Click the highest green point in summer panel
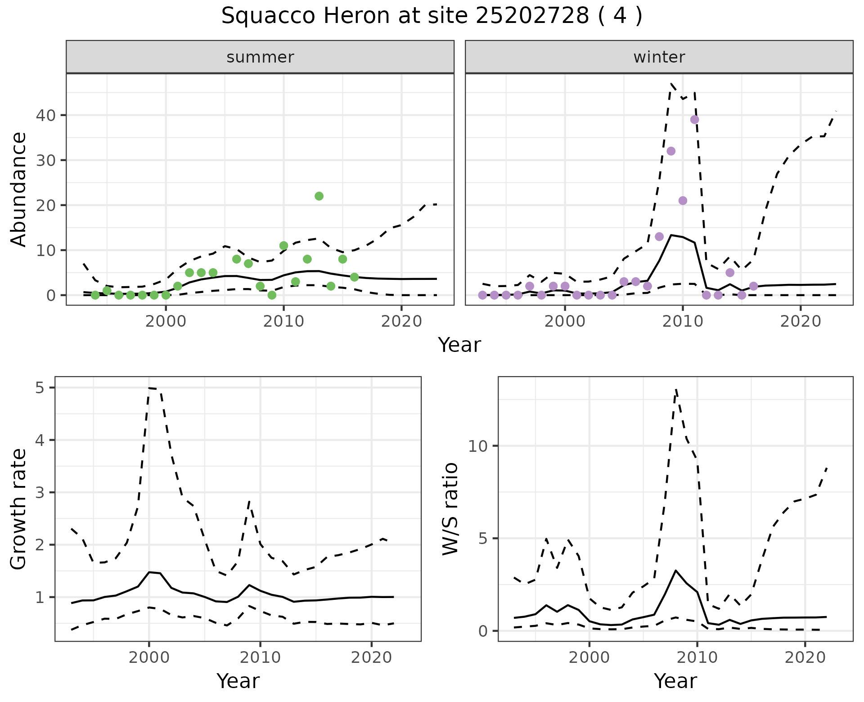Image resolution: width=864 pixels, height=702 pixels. (x=319, y=196)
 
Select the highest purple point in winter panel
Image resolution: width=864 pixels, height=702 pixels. (x=694, y=120)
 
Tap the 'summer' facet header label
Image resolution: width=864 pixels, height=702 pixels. (x=260, y=57)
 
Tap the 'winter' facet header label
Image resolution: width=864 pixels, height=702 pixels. (x=659, y=57)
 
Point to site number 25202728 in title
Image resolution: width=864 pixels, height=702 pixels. (x=532, y=16)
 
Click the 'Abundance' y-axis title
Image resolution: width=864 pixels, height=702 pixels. (x=19, y=189)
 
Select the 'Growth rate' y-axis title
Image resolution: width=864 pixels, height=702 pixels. (x=19, y=509)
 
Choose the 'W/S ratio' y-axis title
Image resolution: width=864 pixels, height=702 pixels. (x=450, y=509)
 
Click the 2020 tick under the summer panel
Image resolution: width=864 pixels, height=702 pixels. (x=401, y=321)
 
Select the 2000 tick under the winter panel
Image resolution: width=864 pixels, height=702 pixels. (x=565, y=321)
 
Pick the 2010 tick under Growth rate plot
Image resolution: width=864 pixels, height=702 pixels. (x=260, y=657)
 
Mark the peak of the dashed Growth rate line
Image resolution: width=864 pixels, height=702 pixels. (x=149, y=388)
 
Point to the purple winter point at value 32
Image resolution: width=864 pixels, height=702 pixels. (x=671, y=151)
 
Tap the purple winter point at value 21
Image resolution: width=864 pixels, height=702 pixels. (x=683, y=201)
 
